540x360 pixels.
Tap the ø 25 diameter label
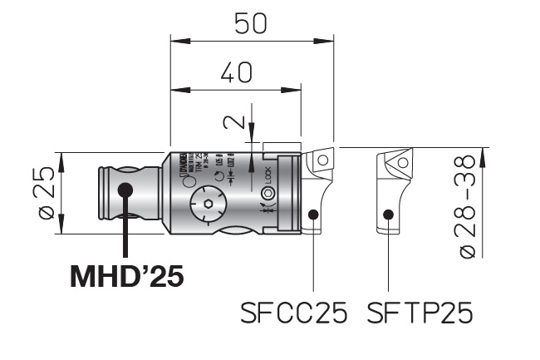[x=47, y=192]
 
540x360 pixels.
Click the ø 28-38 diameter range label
[x=471, y=205]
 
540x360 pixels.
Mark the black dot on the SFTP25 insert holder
[x=387, y=215]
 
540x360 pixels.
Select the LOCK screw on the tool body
[x=268, y=194]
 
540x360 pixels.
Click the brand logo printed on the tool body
[x=178, y=165]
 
